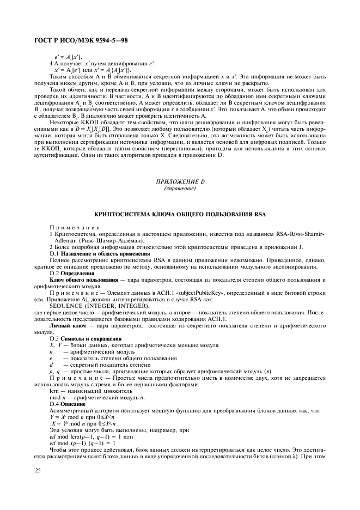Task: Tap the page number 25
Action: (x=36, y=469)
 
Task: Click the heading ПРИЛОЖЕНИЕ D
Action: (x=180, y=181)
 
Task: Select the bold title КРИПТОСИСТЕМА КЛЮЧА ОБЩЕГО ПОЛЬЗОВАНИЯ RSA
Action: (x=180, y=215)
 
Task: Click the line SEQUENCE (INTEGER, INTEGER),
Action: (x=88, y=306)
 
